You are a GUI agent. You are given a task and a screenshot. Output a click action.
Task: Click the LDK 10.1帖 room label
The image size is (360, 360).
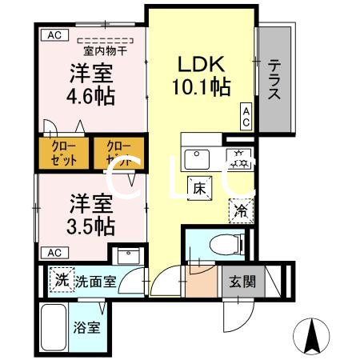click(201, 74)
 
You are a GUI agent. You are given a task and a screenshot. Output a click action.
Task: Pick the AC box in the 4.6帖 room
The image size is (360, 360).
click(53, 35)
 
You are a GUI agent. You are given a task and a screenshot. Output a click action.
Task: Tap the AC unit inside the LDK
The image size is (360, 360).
click(246, 118)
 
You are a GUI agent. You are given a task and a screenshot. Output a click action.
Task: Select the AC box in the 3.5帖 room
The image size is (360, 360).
click(53, 252)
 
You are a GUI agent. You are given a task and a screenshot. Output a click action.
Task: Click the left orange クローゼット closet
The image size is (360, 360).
click(64, 154)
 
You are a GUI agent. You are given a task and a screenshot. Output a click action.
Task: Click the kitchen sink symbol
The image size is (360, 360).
click(197, 158)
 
